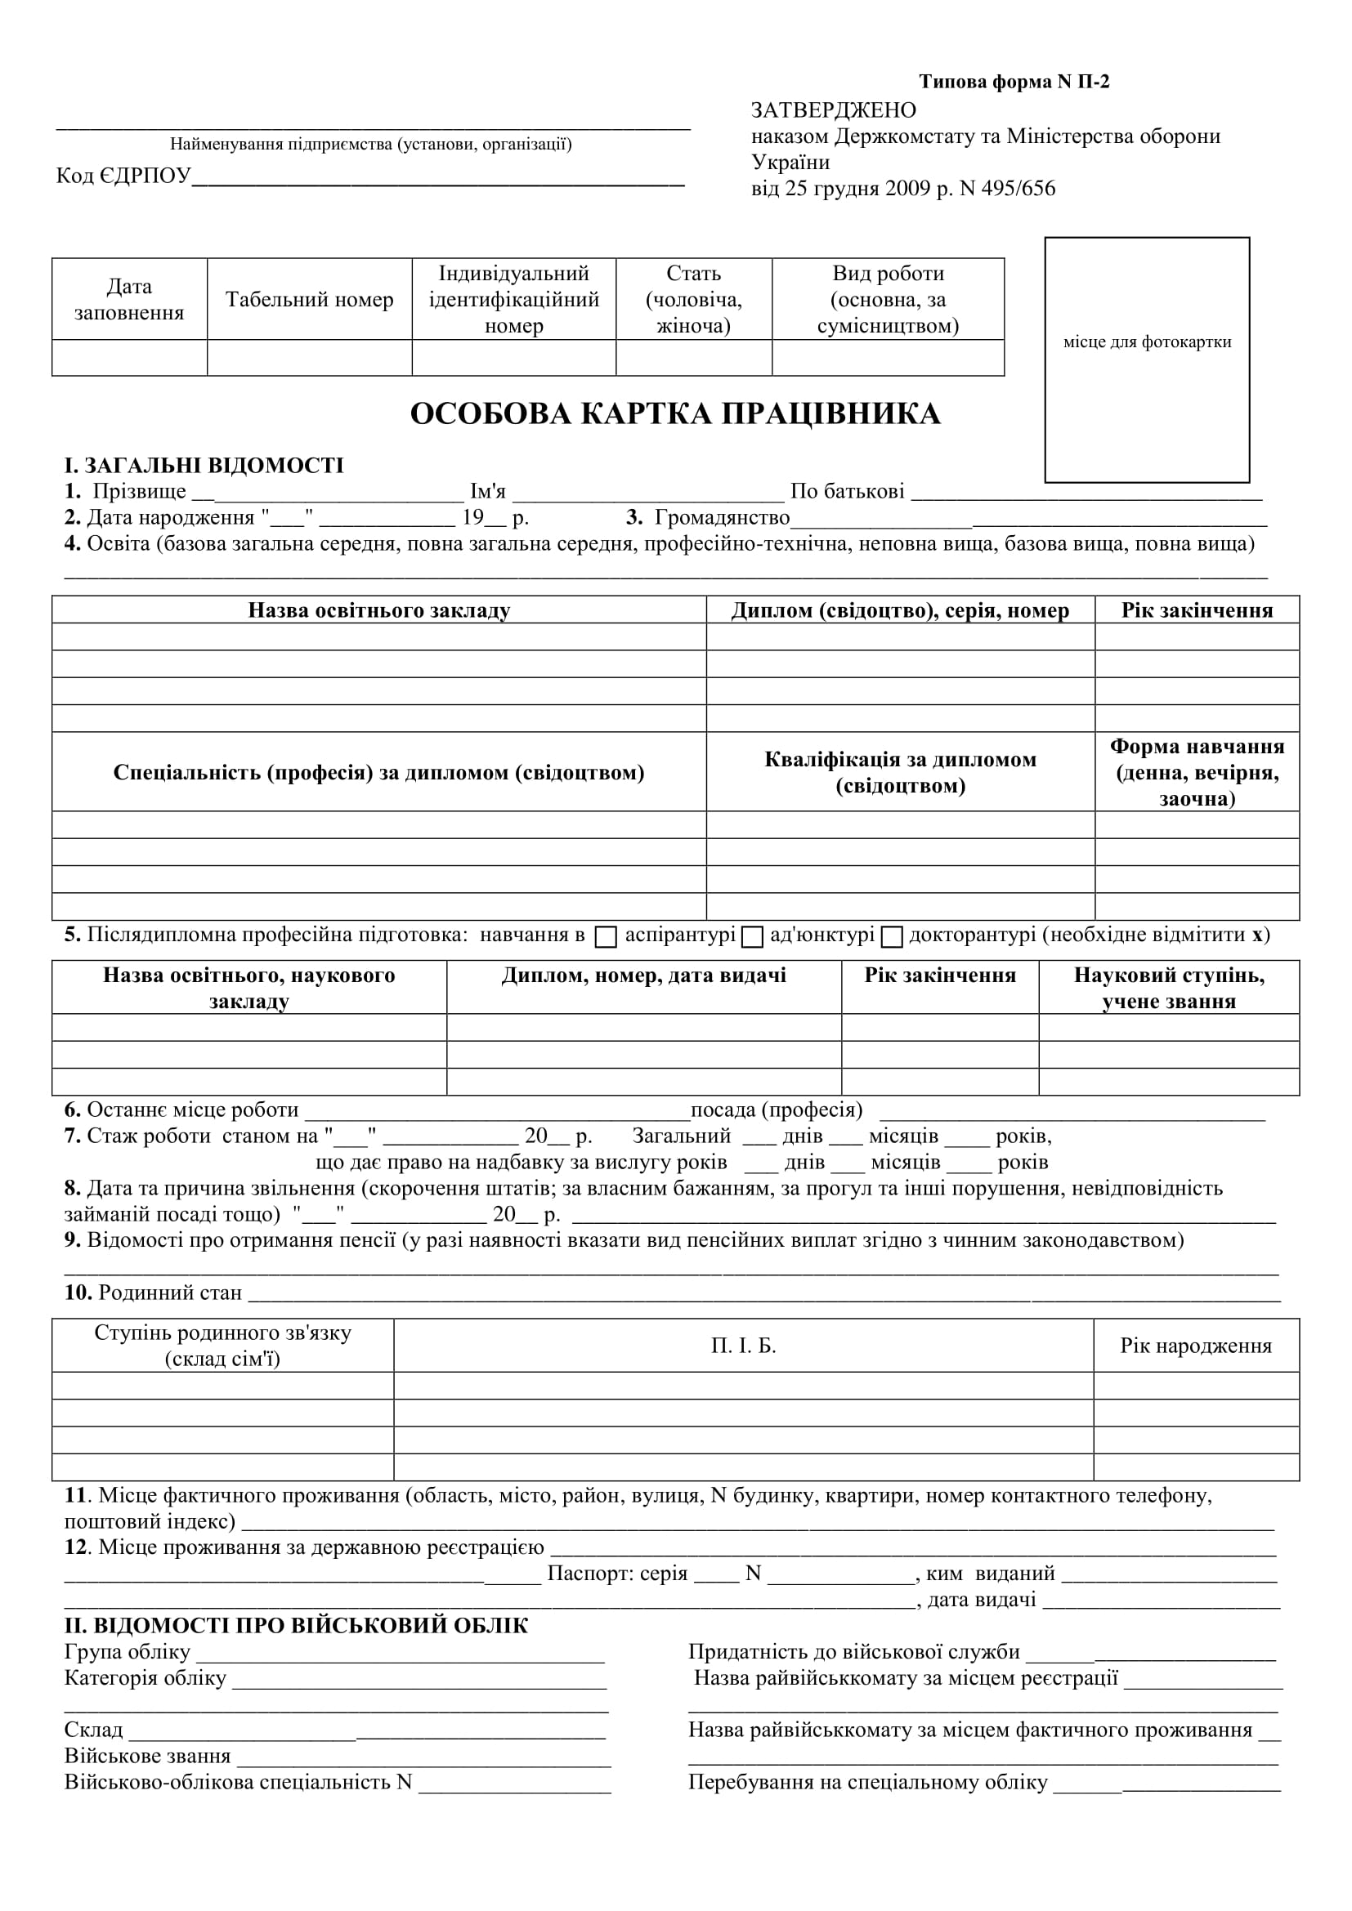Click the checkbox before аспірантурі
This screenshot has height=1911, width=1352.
tap(606, 937)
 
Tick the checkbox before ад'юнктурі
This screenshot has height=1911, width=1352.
tap(753, 937)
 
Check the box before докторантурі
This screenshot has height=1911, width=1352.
tap(892, 937)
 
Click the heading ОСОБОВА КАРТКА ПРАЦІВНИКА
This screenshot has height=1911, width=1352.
tap(675, 414)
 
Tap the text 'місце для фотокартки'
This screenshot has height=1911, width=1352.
tap(1147, 342)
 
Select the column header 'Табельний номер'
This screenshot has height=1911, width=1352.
tap(309, 300)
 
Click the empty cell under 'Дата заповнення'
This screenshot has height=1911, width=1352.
tap(129, 358)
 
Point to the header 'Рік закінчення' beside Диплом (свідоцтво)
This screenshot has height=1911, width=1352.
tap(1197, 610)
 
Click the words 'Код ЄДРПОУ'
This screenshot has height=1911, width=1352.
tap(123, 176)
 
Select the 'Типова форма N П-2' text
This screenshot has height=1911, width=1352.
tap(1014, 82)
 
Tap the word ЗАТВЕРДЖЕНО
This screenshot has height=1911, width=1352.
tap(833, 110)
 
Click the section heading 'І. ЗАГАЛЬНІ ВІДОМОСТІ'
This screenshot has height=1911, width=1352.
tap(204, 465)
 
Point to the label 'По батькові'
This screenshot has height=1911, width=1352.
tap(847, 492)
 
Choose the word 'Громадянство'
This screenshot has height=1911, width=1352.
tap(722, 518)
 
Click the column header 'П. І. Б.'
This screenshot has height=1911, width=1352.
tap(743, 1346)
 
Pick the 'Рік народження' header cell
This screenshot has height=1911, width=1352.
tap(1196, 1346)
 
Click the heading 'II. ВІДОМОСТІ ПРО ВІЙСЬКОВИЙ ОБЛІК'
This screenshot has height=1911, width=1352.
tap(296, 1626)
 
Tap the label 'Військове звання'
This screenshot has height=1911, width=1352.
tap(147, 1757)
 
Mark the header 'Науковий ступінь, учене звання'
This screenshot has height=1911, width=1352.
tap(1169, 988)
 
